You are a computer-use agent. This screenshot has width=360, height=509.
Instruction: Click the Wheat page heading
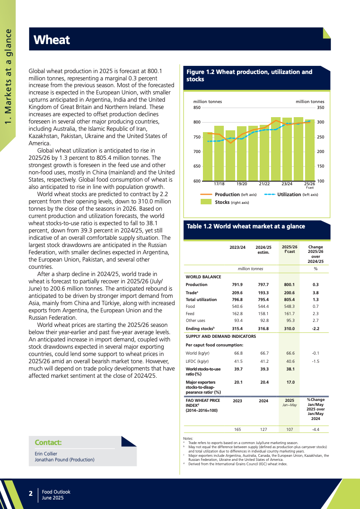coord(52,40)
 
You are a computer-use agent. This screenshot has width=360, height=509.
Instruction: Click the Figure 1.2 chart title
coord(249,75)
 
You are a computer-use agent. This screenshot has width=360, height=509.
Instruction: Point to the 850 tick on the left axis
coord(197,108)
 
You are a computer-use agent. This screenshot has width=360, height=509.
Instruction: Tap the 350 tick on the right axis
coord(321,108)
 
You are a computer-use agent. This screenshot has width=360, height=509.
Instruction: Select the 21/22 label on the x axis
coord(264,184)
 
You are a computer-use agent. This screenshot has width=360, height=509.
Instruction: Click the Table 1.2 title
coord(246,226)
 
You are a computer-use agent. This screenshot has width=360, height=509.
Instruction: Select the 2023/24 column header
coord(238,247)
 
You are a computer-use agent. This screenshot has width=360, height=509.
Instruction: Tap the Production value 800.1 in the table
coord(289,285)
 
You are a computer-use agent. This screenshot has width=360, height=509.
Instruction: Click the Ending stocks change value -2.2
coord(316,328)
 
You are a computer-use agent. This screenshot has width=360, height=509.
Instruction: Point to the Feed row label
coord(190,313)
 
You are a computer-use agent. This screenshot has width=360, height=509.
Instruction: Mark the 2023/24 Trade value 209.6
coord(238,293)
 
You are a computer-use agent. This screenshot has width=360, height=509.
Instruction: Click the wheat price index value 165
coord(237,429)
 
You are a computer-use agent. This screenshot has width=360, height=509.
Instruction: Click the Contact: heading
coord(48,442)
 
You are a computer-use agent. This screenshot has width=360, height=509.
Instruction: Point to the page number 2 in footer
coord(30,493)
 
